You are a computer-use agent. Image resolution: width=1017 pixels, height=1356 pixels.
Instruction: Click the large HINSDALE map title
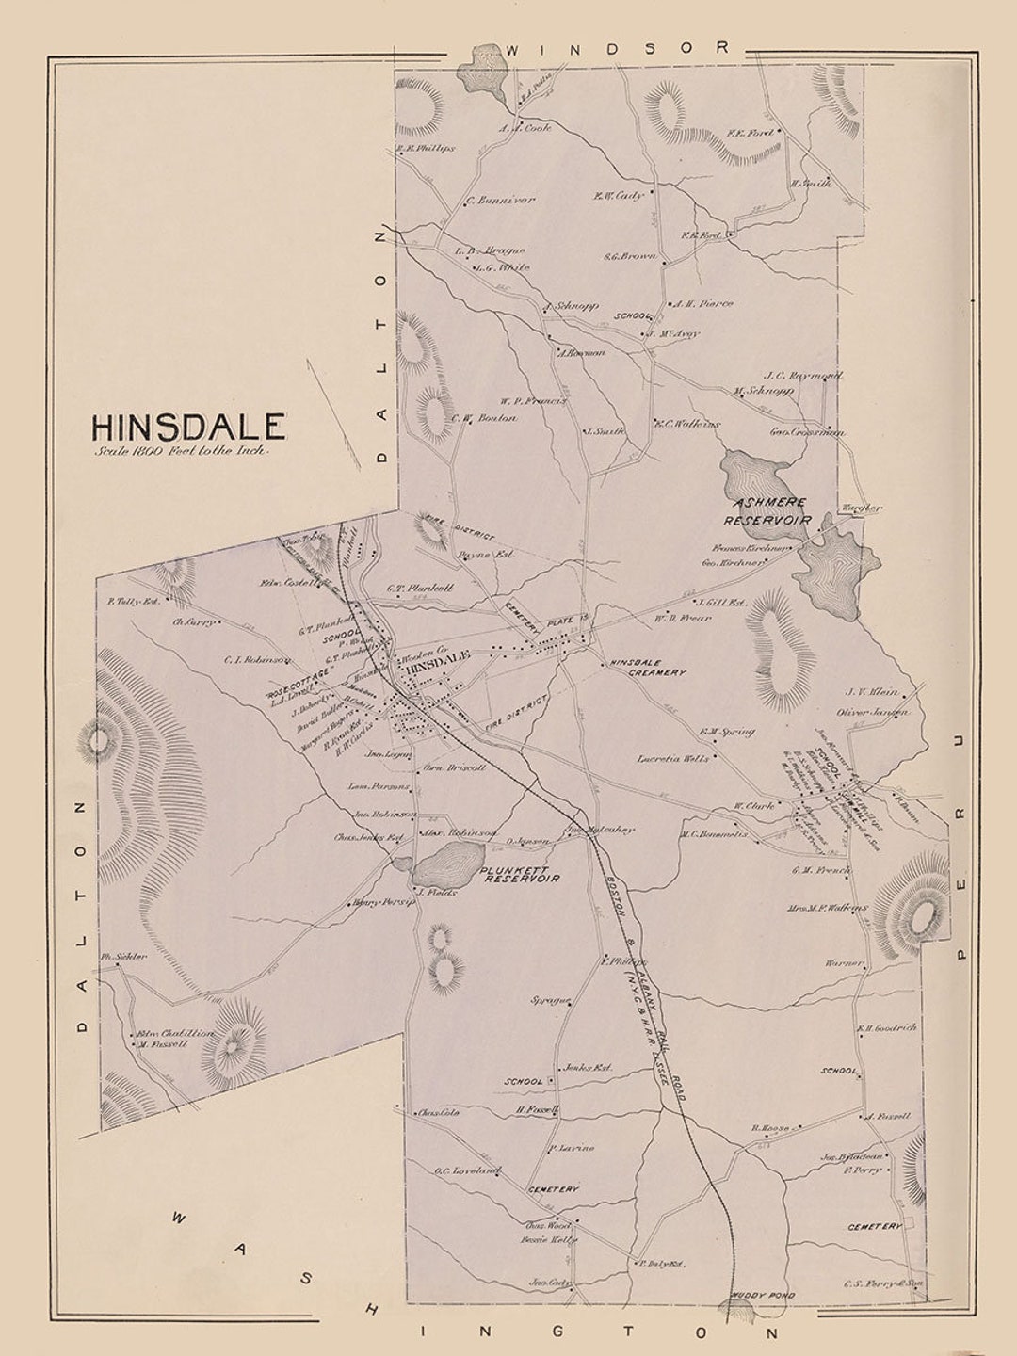[188, 427]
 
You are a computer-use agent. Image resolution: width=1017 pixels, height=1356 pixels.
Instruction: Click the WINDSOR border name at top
[618, 47]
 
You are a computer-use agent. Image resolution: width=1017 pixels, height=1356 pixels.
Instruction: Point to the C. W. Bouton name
[484, 418]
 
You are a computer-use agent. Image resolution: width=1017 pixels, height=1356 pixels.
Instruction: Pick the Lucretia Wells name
[672, 758]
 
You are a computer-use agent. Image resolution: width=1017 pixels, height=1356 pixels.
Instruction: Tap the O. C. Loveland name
[467, 1171]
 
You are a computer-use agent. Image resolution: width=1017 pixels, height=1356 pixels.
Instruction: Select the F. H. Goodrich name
[886, 1028]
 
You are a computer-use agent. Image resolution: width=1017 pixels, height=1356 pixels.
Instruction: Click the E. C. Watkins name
[687, 425]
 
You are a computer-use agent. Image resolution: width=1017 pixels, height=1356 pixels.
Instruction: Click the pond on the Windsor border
[486, 68]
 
